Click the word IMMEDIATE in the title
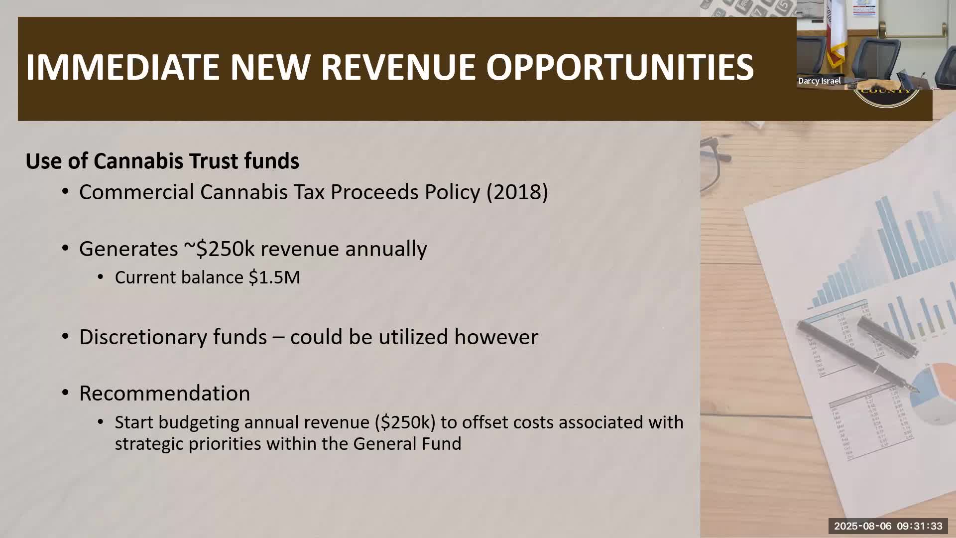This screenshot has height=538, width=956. pos(122,67)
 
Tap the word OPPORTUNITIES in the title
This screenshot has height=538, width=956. pos(619,67)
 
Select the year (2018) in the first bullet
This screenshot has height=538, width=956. pos(517,192)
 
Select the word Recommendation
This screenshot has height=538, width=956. pos(164,394)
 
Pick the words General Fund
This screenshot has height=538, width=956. pos(407,444)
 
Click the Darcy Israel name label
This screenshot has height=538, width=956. pos(819,81)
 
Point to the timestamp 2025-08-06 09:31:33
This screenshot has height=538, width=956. pos(888,526)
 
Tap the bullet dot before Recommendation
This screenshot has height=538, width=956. pos(66,393)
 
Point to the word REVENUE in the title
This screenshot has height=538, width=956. pos(398,67)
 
